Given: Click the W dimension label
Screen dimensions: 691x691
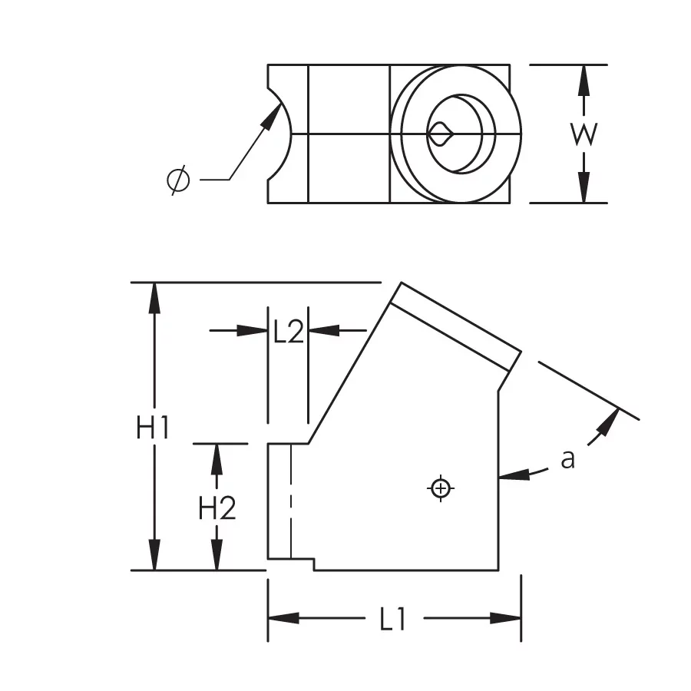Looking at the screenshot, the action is pyautogui.click(x=584, y=134).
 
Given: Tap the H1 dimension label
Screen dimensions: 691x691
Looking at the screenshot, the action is pyautogui.click(x=153, y=428).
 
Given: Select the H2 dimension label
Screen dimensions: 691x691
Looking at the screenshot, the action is pyautogui.click(x=217, y=508).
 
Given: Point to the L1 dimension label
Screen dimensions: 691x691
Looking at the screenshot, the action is pyautogui.click(x=392, y=619).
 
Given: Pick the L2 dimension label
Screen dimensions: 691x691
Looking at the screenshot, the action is pyautogui.click(x=289, y=332).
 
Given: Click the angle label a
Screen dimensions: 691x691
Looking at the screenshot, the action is pyautogui.click(x=568, y=459).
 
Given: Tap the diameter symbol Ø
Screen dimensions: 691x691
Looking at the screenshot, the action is pyautogui.click(x=178, y=180).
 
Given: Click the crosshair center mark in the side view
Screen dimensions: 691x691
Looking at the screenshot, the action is pyautogui.click(x=441, y=488).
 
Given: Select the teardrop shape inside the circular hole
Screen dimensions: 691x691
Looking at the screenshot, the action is pyautogui.click(x=440, y=134).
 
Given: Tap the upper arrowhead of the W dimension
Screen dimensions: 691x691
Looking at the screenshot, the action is pyautogui.click(x=584, y=80).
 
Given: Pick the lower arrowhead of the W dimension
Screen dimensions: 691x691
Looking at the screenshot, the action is pyautogui.click(x=584, y=187).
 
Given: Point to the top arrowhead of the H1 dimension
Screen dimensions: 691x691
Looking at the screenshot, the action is pyautogui.click(x=154, y=298).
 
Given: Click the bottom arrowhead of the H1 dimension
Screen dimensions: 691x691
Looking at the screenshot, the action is pyautogui.click(x=154, y=554).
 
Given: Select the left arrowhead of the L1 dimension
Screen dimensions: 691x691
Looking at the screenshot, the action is pyautogui.click(x=284, y=618).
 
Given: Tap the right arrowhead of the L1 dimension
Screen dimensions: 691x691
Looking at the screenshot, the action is pyautogui.click(x=505, y=618).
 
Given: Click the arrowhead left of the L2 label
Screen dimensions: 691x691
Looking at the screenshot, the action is pyautogui.click(x=253, y=330).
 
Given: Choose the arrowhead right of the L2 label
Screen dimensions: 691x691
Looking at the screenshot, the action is pyautogui.click(x=324, y=330).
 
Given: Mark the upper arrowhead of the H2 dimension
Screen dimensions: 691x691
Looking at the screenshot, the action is pyautogui.click(x=217, y=459).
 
